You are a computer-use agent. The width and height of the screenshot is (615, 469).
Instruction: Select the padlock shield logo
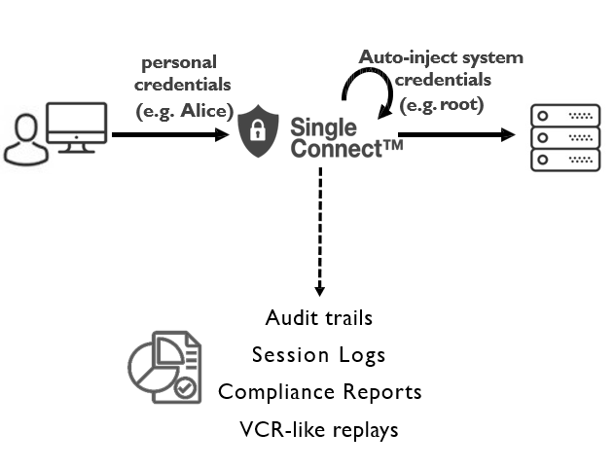pos(262,132)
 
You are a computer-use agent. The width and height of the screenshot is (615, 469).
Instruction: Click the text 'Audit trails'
pos(318,318)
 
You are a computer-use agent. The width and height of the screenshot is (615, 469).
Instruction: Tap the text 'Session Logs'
pos(318,355)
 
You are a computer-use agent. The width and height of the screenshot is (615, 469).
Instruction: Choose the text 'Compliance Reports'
pos(319,392)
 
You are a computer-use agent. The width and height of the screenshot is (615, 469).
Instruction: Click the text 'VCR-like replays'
pos(318,429)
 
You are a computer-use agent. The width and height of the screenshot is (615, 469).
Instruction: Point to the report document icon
pos(163,368)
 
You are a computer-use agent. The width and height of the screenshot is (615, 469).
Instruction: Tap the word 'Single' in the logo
pos(324,127)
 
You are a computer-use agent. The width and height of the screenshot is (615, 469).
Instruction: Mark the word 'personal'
pos(179,63)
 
